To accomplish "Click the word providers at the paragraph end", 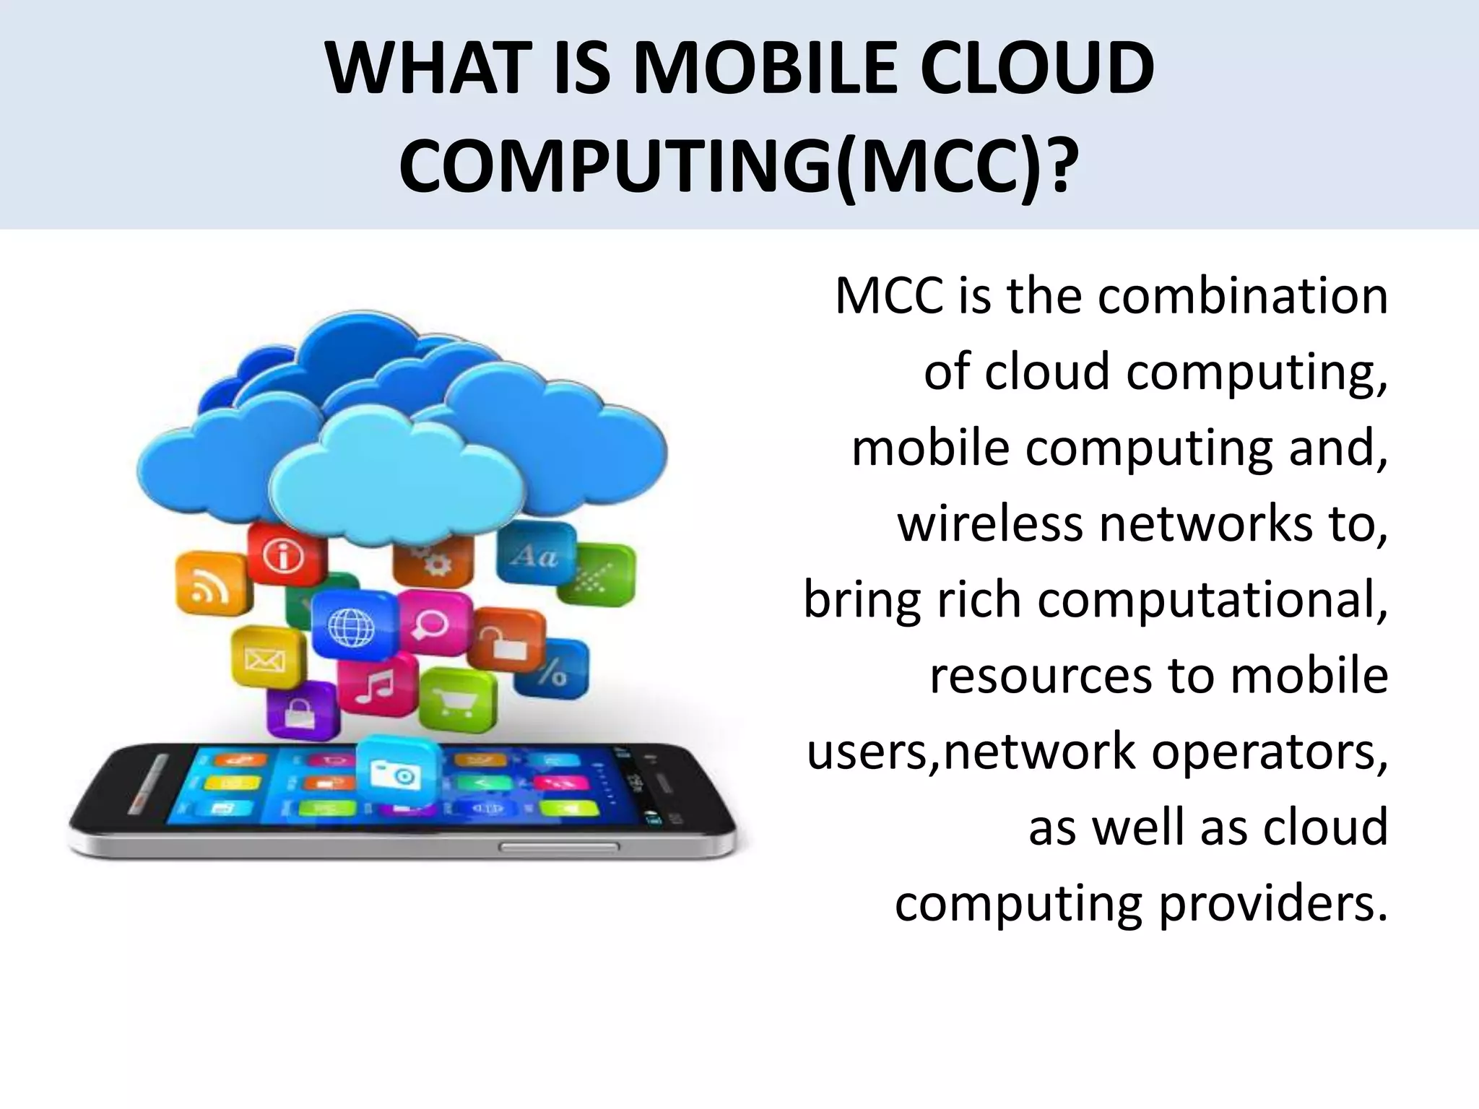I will point(1274,903).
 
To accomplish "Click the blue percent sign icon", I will point(553,671).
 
